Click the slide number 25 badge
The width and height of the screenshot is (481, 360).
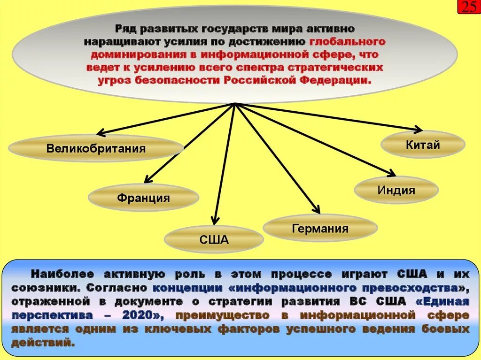(x=469, y=8)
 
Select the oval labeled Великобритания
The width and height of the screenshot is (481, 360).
(x=96, y=149)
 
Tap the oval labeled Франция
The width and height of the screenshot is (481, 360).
(x=143, y=198)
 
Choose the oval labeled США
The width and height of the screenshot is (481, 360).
(x=214, y=240)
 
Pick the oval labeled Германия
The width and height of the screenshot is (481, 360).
(x=320, y=229)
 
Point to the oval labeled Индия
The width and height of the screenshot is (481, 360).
(x=396, y=190)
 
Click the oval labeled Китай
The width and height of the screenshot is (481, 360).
(x=423, y=145)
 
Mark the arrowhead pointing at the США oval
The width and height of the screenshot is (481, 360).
(x=215, y=220)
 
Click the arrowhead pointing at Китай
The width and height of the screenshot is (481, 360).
(x=418, y=129)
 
